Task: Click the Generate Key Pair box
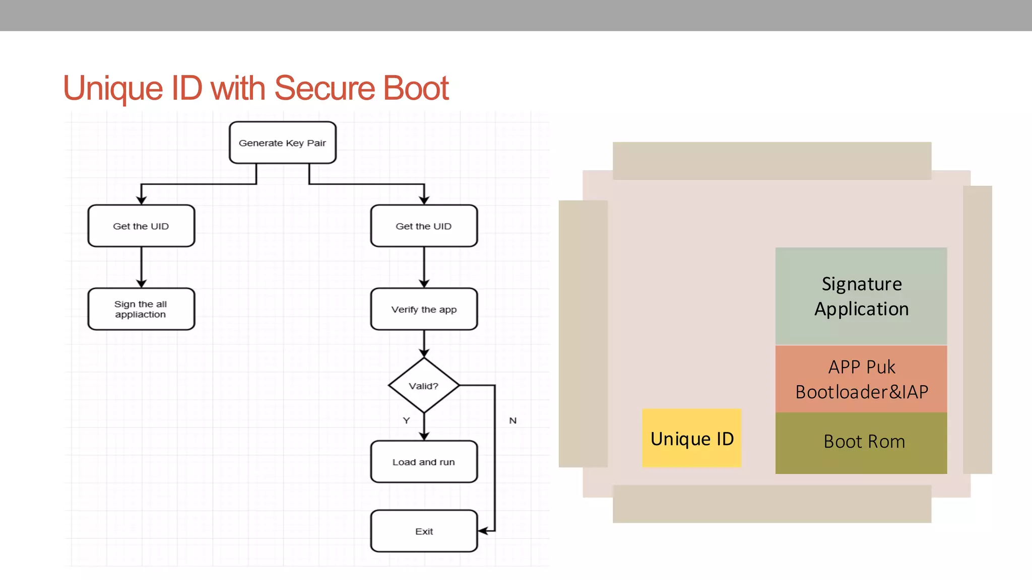point(282,143)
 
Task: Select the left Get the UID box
point(141,226)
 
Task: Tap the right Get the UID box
point(424,226)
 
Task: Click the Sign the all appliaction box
point(141,309)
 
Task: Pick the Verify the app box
point(424,309)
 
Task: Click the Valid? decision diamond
point(424,386)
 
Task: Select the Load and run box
point(424,462)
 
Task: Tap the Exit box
point(424,531)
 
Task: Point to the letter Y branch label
point(407,420)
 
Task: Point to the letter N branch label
point(512,420)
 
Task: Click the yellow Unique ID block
point(691,438)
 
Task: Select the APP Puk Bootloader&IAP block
point(861,379)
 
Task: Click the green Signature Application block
point(861,296)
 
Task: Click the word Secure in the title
point(325,89)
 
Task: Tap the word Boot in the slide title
point(416,89)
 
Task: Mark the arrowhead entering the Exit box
point(482,531)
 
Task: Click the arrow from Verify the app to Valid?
point(424,344)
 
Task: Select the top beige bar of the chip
point(771,161)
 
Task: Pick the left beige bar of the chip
point(583,333)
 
